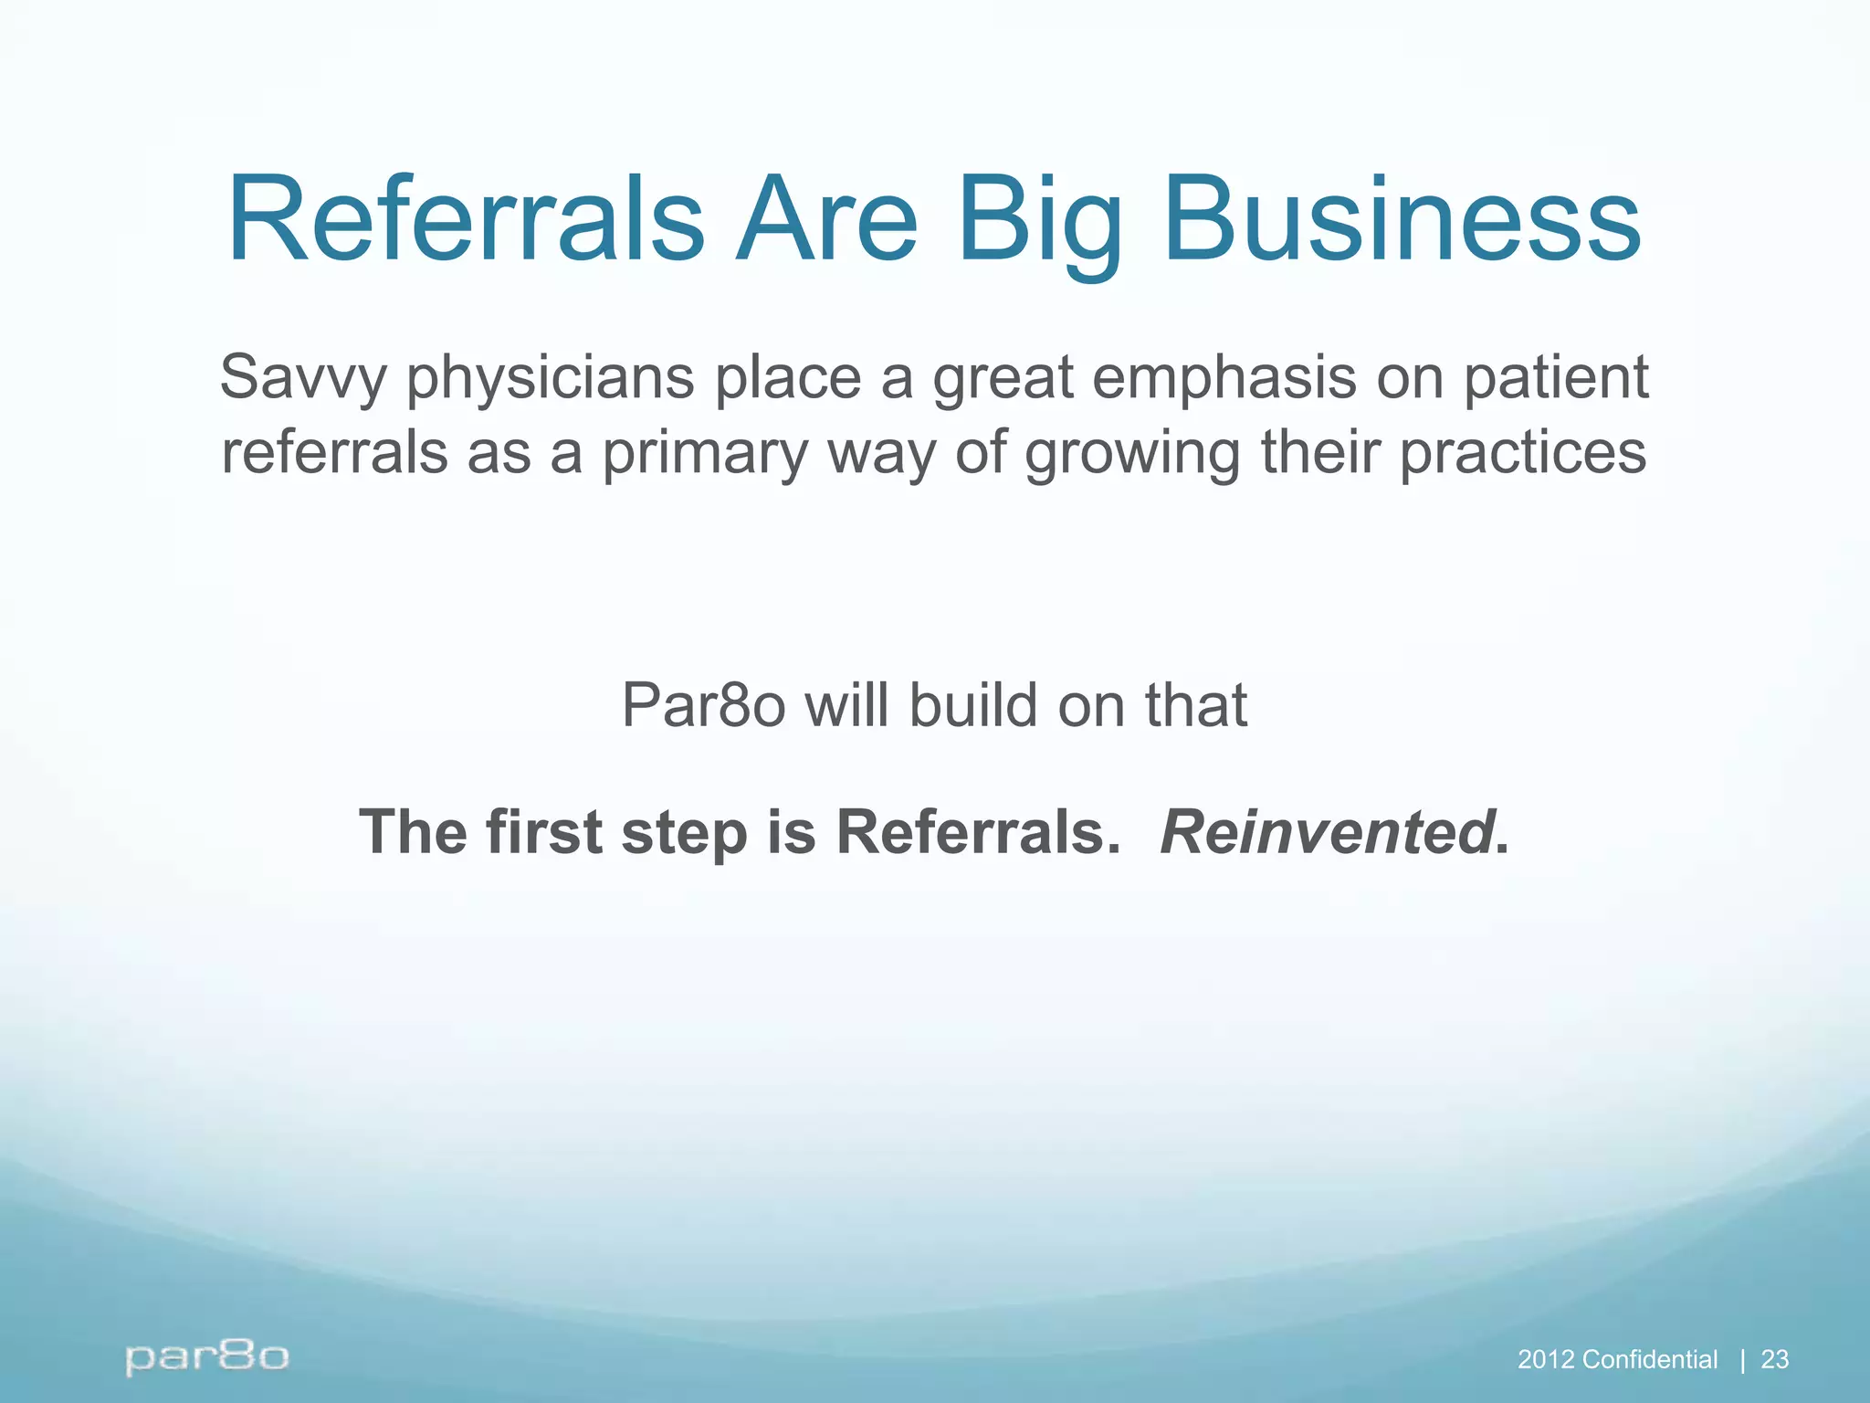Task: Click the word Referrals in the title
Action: pyautogui.click(x=466, y=221)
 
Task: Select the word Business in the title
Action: pyautogui.click(x=1402, y=221)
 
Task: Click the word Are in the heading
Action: pyautogui.click(x=827, y=221)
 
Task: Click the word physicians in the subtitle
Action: pyautogui.click(x=549, y=378)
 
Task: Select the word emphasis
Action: pyautogui.click(x=1224, y=378)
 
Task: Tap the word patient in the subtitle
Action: pyautogui.click(x=1557, y=378)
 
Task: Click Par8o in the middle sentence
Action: pyautogui.click(x=703, y=706)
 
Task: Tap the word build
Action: pyautogui.click(x=973, y=706)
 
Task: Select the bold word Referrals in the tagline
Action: pyautogui.click(x=977, y=832)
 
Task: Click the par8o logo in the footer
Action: pyautogui.click(x=207, y=1357)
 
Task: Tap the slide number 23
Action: pyautogui.click(x=1774, y=1360)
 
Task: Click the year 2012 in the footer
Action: pyautogui.click(x=1546, y=1360)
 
